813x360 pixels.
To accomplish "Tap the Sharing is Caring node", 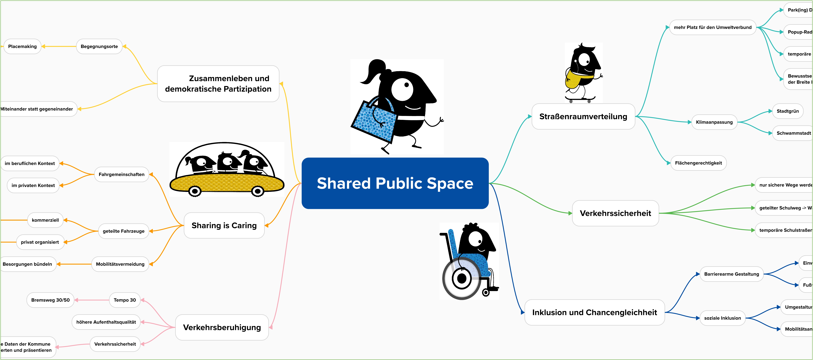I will pyautogui.click(x=224, y=225).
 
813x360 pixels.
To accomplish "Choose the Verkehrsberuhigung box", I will pyautogui.click(x=222, y=328).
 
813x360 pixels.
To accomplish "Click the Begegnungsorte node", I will pyautogui.click(x=99, y=46).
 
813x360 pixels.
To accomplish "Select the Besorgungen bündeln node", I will pyautogui.click(x=27, y=264).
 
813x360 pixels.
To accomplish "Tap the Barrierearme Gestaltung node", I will pyautogui.click(x=731, y=274).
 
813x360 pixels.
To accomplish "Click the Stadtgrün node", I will pyautogui.click(x=787, y=111).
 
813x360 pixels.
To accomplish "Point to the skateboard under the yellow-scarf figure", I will pyautogui.click(x=580, y=99).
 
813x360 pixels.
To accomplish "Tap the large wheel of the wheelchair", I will pyautogui.click(x=461, y=279).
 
